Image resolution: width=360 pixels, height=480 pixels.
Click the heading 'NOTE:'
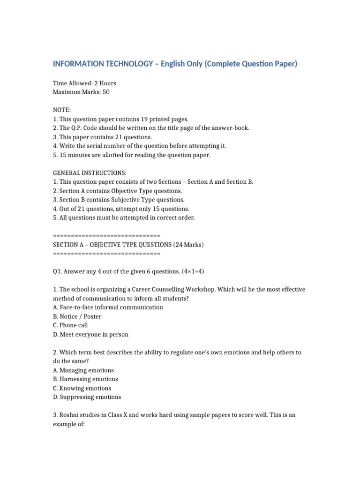(x=61, y=110)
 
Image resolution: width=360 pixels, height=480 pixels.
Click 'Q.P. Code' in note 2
(x=89, y=128)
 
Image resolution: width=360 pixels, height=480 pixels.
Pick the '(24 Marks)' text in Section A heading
(x=188, y=245)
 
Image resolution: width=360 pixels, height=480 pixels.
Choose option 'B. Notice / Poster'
(x=77, y=316)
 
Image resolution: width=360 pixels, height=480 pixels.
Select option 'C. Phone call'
(x=70, y=325)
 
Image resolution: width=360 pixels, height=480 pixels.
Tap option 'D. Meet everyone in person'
(x=90, y=335)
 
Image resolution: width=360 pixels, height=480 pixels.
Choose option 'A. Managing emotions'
(x=83, y=370)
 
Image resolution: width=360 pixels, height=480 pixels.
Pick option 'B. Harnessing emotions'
(x=85, y=379)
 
